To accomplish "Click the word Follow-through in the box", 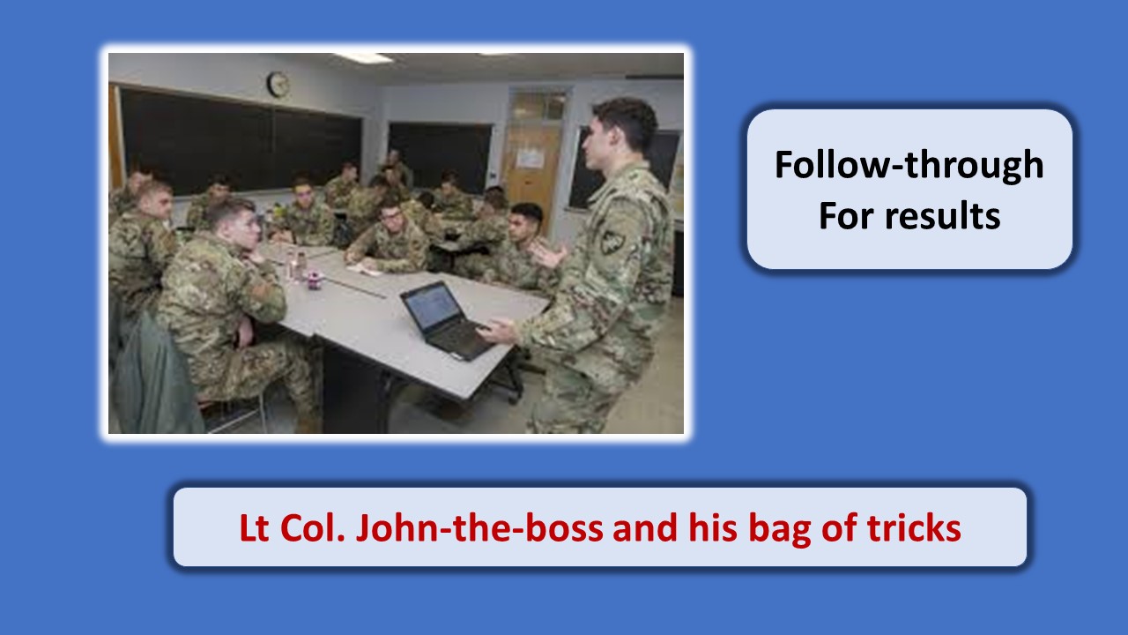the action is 909,165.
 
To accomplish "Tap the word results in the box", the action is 943,216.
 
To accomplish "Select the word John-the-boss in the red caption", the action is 479,527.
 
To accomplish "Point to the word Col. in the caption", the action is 312,528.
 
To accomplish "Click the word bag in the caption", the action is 780,529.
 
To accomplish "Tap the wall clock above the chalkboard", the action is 278,84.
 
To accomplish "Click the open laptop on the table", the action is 445,320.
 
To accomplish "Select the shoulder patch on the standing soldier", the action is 612,243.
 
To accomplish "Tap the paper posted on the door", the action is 531,158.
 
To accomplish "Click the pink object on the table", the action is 315,280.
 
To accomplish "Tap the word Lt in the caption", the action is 254,528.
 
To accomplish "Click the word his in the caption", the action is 713,527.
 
